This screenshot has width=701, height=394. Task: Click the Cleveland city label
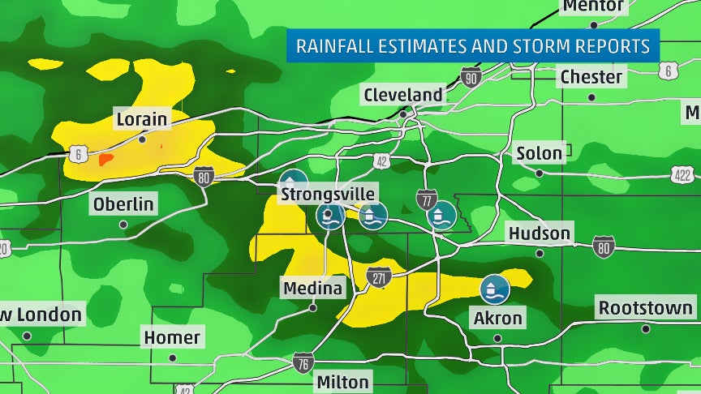(x=403, y=95)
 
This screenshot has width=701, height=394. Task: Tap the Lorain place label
(x=141, y=120)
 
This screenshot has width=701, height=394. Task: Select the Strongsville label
(x=328, y=194)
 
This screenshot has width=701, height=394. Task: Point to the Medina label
(x=313, y=288)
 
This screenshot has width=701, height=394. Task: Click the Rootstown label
(x=646, y=308)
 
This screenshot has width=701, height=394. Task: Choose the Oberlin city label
(x=123, y=204)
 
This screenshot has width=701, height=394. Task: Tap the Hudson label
(x=540, y=233)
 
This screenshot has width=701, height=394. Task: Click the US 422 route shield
(x=683, y=174)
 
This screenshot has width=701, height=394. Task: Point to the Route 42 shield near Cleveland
(x=382, y=161)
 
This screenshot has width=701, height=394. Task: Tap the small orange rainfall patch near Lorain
(x=105, y=159)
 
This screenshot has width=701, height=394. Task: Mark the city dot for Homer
(x=172, y=358)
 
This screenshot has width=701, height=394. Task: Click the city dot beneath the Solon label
(x=540, y=173)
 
